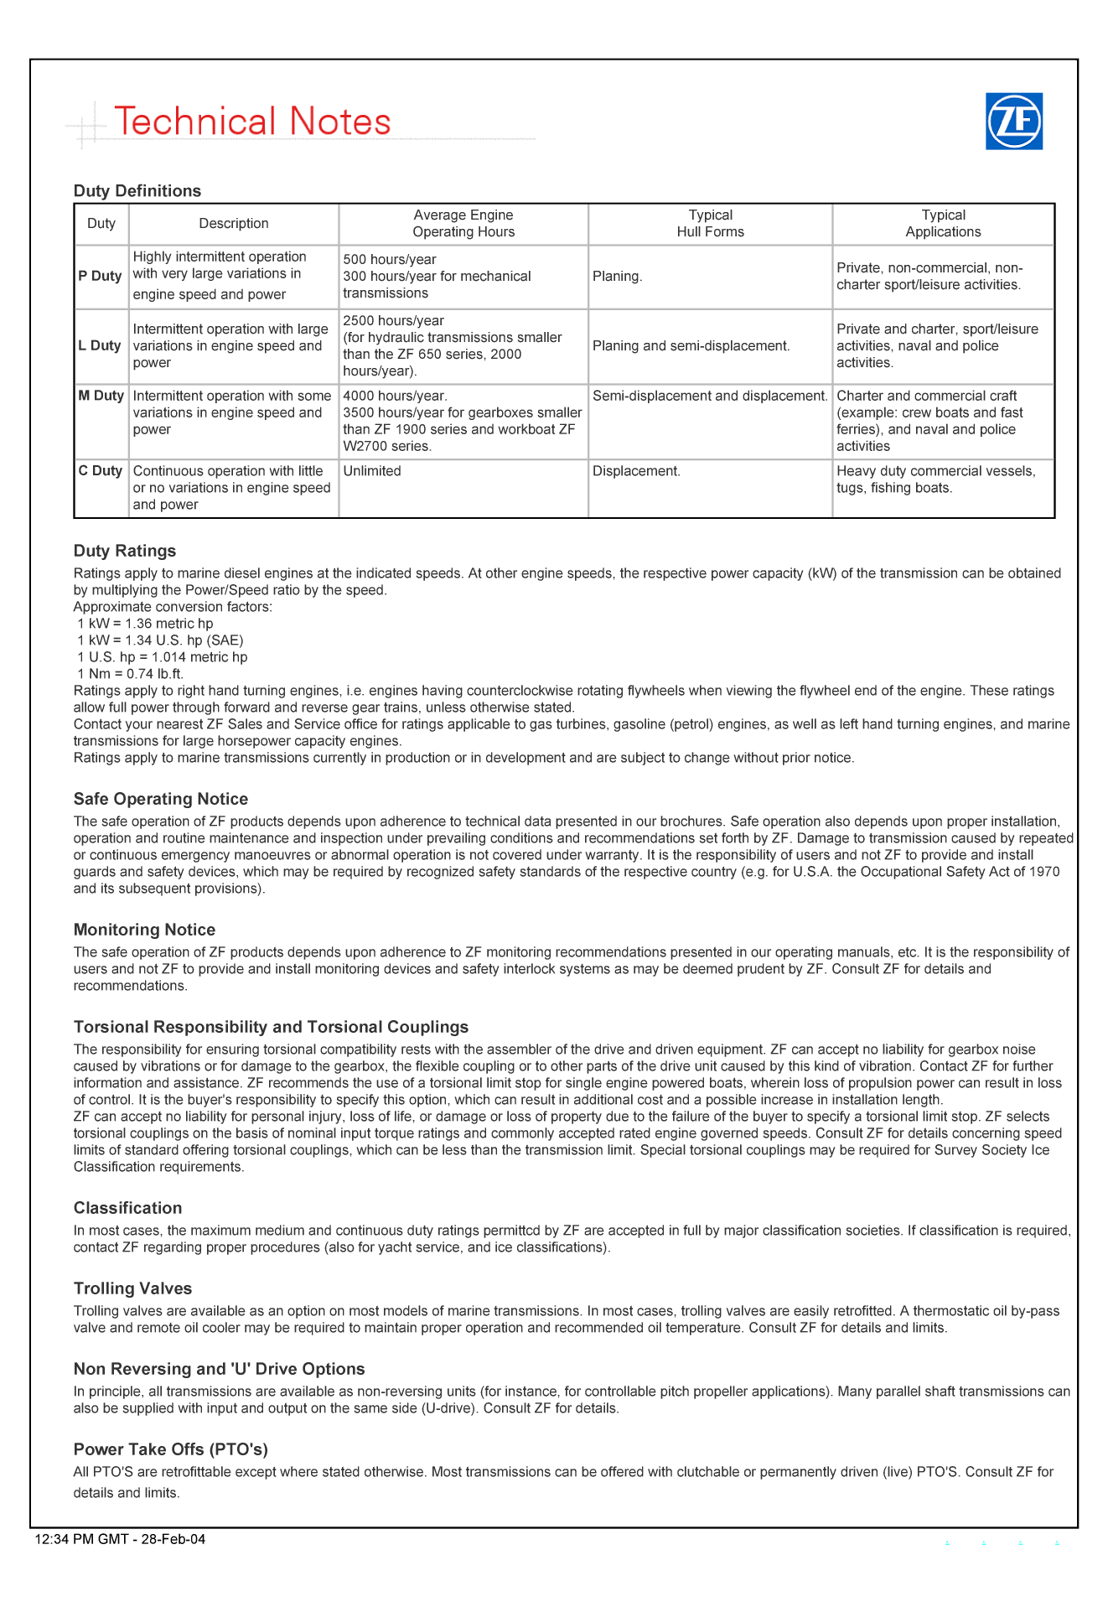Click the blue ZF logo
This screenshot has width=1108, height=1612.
[x=1013, y=122]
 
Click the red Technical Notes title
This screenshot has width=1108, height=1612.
[x=252, y=122]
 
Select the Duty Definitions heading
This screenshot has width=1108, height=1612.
[x=137, y=191]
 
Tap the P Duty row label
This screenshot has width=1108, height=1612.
[x=101, y=277]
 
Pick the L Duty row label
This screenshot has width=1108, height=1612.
[x=101, y=346]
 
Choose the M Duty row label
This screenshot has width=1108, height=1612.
[x=101, y=396]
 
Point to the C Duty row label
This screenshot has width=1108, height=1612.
[x=101, y=471]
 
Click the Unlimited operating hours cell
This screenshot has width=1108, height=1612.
[x=372, y=471]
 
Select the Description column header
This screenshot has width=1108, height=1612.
[x=234, y=224]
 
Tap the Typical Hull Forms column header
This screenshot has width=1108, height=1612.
[x=710, y=224]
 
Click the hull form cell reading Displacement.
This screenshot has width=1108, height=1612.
[x=636, y=471]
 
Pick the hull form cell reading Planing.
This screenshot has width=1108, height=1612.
[x=618, y=277]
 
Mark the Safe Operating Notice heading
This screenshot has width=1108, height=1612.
[x=161, y=799]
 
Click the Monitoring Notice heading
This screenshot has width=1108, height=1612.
[x=144, y=930]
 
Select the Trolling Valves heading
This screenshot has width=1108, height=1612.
[x=132, y=1288]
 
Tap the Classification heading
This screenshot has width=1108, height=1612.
[x=127, y=1208]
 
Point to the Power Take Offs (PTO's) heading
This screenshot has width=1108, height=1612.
[x=171, y=1449]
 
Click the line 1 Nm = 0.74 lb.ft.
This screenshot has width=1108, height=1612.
[x=130, y=674]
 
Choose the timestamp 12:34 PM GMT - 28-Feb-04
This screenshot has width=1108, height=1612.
[x=121, y=1539]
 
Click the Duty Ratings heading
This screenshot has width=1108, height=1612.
[x=125, y=551]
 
